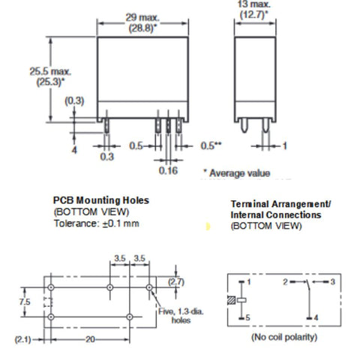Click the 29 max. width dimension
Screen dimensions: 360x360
point(142,18)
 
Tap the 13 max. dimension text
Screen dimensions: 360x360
point(254,4)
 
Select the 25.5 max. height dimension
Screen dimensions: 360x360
point(50,72)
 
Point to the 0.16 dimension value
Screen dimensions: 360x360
point(168,170)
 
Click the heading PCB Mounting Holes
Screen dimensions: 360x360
point(101,200)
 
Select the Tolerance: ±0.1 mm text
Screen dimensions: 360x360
point(97,223)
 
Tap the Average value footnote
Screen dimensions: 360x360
point(237,173)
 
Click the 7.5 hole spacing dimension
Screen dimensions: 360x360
point(25,301)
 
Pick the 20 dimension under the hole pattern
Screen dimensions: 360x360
point(90,339)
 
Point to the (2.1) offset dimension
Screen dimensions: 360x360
point(23,340)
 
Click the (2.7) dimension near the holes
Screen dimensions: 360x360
point(176,282)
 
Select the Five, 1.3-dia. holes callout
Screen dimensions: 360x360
point(181,316)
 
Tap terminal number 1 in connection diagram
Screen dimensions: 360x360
point(248,282)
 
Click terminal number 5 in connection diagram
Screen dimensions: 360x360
point(247,317)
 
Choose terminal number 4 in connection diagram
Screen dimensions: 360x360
point(316,318)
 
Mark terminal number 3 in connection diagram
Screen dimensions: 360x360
point(332,282)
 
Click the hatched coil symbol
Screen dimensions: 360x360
point(232,300)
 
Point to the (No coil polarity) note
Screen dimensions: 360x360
point(284,337)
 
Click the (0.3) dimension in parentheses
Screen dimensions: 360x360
point(74,100)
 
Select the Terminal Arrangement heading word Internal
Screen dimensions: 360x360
point(247,214)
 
